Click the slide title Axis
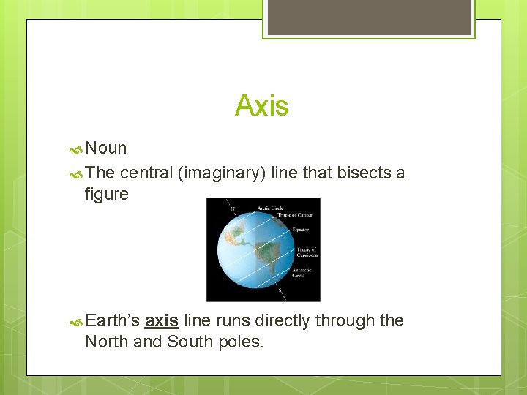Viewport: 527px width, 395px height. click(262, 107)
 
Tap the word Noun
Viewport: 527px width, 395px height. click(106, 148)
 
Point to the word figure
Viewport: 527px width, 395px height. click(106, 194)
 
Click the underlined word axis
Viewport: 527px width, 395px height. click(162, 320)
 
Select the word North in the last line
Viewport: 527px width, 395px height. click(106, 342)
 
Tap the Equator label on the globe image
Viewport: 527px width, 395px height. click(301, 230)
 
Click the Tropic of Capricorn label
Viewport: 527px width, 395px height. click(307, 253)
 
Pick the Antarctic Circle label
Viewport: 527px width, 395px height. click(302, 272)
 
